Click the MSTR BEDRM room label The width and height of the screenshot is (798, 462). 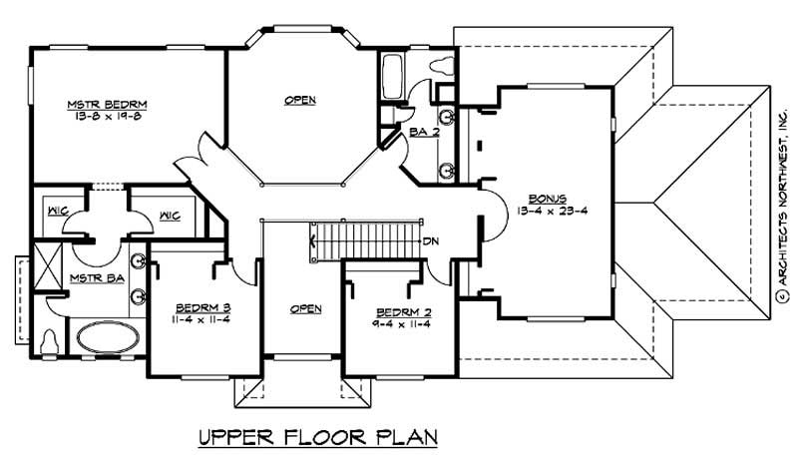pos(95,103)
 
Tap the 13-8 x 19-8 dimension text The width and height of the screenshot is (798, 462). pos(95,115)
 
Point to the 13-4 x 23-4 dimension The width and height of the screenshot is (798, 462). pos(546,212)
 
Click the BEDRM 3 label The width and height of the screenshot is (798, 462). pos(202,307)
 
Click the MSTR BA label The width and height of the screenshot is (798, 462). pos(97,277)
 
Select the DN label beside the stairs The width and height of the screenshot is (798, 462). pos(432,241)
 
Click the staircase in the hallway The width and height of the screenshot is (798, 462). pos(362,240)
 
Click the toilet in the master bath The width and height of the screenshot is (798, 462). pos(49,341)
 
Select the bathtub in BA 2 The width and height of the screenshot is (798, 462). pos(391,75)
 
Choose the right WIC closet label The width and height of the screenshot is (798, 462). pos(169,214)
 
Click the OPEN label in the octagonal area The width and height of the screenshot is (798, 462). pos(300,100)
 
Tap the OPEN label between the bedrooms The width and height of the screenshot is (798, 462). pos(305,308)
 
